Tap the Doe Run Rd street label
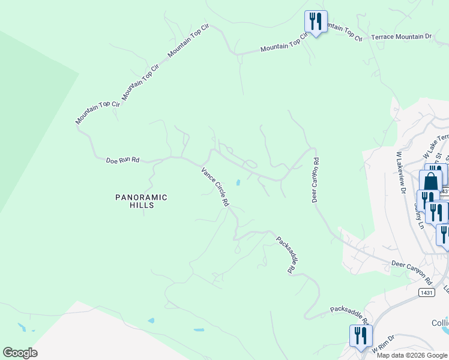[x=122, y=161]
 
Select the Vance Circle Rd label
[x=215, y=187]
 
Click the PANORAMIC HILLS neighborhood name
[x=141, y=201]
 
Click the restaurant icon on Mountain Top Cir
[x=315, y=22]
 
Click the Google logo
[x=20, y=353]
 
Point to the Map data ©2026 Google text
[x=412, y=355]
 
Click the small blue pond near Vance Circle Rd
[x=238, y=182]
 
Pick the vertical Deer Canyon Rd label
[x=315, y=180]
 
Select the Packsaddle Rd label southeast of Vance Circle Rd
[x=285, y=255]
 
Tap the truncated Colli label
[x=440, y=323]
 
